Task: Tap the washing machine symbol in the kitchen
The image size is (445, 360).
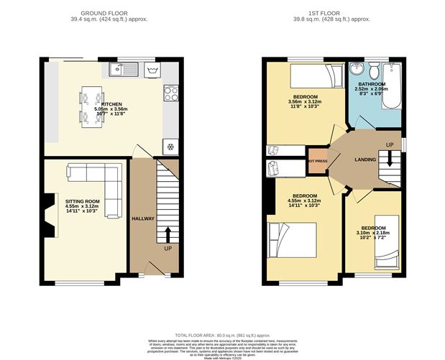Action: (x=152, y=70)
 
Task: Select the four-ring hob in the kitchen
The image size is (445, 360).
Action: (x=172, y=93)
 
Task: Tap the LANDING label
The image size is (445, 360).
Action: (x=365, y=159)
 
